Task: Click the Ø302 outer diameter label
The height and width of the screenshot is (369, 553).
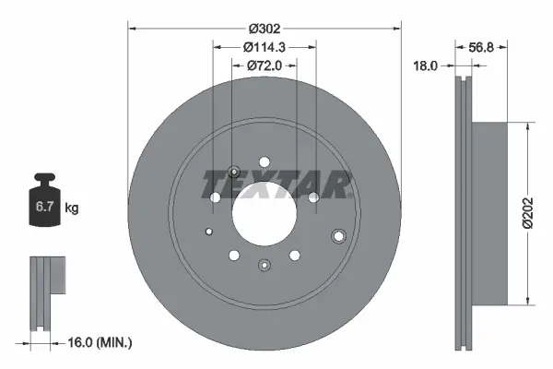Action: click(264, 27)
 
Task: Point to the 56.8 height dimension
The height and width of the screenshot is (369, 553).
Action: click(483, 47)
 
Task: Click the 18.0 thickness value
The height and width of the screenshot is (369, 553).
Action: click(426, 66)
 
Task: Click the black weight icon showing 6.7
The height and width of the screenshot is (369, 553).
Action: click(44, 206)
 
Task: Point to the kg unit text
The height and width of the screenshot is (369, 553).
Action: click(72, 208)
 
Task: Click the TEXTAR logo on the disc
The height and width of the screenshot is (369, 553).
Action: click(277, 184)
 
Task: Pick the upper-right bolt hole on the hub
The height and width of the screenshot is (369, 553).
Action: click(313, 197)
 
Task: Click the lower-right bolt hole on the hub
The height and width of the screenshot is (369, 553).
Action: click(294, 255)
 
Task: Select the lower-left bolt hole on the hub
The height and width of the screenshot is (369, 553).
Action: click(233, 255)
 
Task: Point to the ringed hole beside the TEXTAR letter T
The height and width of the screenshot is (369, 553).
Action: click(233, 171)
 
